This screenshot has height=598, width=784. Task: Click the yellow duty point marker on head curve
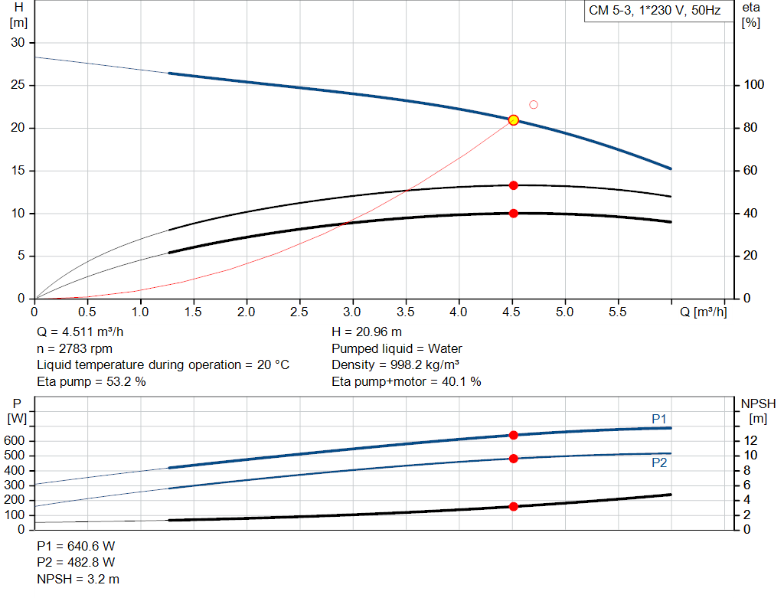[513, 120]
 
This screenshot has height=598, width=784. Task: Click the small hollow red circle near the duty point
[534, 105]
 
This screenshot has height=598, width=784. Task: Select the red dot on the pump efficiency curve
[513, 185]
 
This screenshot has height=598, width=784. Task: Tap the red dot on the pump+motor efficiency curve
[513, 214]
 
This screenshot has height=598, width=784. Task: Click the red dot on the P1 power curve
[513, 435]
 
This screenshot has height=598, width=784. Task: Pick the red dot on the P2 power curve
[513, 459]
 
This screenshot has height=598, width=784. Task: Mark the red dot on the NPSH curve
[513, 506]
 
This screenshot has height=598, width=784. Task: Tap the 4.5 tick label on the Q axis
[511, 312]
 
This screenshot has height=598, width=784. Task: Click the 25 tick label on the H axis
[17, 85]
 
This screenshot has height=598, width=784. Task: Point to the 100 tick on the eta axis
[754, 85]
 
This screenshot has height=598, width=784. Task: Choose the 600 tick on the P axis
[16, 441]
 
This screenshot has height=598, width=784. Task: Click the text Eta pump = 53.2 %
[91, 381]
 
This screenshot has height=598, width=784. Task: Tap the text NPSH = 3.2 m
[78, 579]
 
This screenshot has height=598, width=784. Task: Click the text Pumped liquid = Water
[397, 348]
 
